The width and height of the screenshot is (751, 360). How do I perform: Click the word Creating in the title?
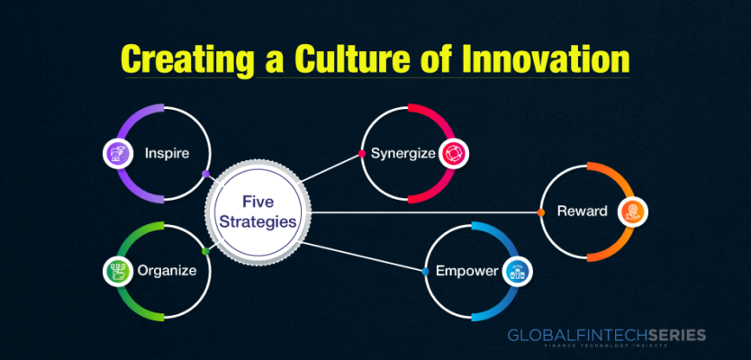tap(186, 60)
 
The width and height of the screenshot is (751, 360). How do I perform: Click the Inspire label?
tap(167, 153)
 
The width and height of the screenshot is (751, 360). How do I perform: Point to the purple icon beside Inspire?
tap(117, 153)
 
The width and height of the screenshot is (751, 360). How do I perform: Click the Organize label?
tap(167, 271)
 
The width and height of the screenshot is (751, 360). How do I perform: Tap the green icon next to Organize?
tap(117, 271)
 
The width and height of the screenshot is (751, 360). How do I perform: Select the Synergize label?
tap(403, 154)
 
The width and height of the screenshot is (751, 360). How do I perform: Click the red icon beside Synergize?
tap(454, 154)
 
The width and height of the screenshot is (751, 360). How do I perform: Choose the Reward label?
tap(582, 211)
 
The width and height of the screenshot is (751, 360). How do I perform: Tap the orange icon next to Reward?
tap(632, 212)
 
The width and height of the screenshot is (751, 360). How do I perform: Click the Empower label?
tap(466, 272)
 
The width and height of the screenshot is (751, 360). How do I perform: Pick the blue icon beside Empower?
tap(517, 272)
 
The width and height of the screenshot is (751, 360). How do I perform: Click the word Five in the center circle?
tap(258, 202)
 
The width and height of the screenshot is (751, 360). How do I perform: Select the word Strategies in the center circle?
tap(258, 222)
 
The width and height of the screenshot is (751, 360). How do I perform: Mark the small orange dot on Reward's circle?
tap(541, 212)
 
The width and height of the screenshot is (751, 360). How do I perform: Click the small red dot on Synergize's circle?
tap(362, 154)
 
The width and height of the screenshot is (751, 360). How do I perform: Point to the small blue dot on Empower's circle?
tap(425, 272)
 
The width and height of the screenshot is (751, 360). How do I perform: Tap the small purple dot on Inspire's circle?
tap(205, 174)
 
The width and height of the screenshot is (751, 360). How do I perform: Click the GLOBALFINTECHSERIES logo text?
tap(606, 335)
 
